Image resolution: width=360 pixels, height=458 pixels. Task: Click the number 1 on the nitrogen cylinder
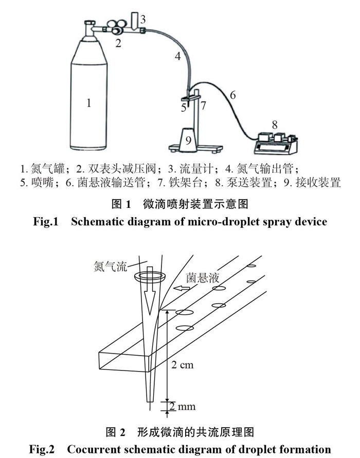pos(89,103)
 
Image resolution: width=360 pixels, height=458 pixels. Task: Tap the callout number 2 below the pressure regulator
pos(118,44)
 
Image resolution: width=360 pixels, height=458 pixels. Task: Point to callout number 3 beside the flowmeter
pos(143,20)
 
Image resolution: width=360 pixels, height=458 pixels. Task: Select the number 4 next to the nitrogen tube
pos(177,57)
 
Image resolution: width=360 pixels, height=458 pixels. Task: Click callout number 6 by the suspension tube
pos(232,95)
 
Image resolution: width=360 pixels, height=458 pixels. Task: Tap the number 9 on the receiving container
pos(188,139)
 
